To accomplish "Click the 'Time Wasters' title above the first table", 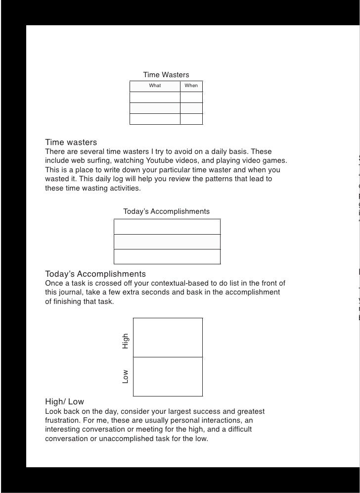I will point(166,75).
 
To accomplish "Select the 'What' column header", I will point(155,86).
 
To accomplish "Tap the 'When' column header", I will point(191,86).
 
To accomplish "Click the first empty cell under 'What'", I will point(155,97).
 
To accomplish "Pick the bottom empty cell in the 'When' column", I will point(191,119).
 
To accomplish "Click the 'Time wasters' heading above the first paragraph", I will point(71,143).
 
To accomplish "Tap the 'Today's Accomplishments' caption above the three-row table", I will point(166,212).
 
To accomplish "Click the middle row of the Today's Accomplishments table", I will point(167,242).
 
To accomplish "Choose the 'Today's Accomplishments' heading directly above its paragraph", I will point(95,274).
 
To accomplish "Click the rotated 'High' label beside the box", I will point(126,341).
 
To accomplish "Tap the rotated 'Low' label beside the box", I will point(126,377).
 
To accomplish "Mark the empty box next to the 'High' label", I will point(168,337).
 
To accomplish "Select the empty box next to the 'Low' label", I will point(168,376).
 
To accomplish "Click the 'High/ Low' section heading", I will point(64,401).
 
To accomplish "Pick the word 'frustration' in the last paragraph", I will point(62,420).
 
